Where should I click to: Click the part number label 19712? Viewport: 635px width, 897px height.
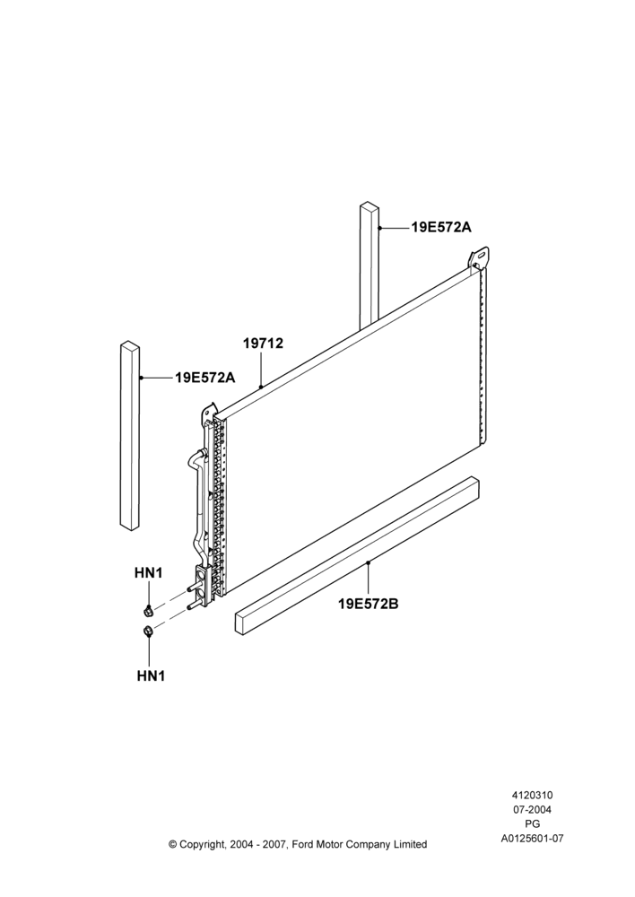click(263, 344)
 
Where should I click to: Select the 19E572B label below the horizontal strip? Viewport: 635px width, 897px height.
click(369, 604)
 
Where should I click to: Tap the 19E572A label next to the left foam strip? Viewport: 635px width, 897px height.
click(205, 378)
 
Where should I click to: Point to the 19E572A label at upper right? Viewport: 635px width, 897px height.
click(441, 227)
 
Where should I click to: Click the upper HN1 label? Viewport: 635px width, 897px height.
click(149, 572)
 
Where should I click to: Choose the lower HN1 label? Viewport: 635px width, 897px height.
click(151, 675)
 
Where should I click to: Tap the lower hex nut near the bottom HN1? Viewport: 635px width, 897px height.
click(147, 631)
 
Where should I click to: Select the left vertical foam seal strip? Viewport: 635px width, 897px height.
click(130, 437)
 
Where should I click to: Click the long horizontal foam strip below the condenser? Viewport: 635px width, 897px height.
click(357, 555)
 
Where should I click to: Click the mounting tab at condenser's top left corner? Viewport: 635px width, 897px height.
click(208, 413)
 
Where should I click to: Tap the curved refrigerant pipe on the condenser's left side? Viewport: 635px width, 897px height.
click(196, 503)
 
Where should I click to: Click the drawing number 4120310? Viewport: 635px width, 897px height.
click(532, 795)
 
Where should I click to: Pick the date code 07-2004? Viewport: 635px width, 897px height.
click(532, 809)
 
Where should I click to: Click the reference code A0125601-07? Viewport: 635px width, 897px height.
click(533, 839)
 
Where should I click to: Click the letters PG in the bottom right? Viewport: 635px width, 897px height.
click(533, 824)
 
